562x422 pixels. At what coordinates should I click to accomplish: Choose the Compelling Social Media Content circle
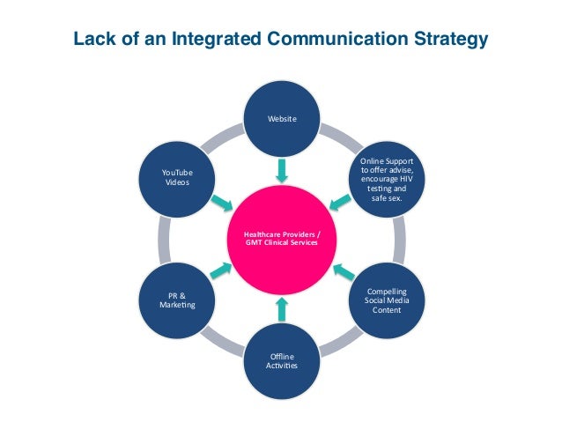[387, 300]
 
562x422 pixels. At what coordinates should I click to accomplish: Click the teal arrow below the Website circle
[281, 170]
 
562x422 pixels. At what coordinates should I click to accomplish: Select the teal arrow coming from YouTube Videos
[222, 204]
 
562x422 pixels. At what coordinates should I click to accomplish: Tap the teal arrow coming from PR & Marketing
[222, 272]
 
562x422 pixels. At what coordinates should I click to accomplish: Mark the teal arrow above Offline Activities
[281, 307]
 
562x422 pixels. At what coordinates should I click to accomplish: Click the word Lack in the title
[92, 40]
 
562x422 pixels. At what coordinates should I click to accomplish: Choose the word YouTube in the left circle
[176, 172]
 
